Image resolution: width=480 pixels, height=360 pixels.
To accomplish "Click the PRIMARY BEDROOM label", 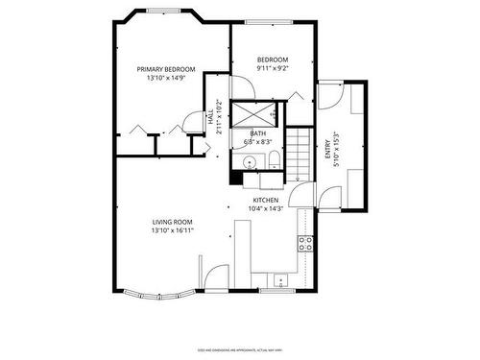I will coord(165,69).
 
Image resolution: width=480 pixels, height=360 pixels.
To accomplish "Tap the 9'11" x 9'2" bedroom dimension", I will coord(273,69).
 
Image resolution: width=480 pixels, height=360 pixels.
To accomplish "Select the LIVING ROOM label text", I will coord(171,222).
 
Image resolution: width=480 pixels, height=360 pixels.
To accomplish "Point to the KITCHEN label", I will coord(266,200).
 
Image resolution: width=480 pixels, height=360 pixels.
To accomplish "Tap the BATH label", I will coord(258,133).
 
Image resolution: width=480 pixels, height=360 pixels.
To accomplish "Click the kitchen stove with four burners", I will coord(306,243).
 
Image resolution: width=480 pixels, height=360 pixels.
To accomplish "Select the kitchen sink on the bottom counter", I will coord(279,280).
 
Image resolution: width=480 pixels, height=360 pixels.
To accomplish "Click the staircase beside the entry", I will coord(302,154).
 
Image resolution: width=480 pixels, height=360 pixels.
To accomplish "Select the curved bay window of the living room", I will coord(158,288).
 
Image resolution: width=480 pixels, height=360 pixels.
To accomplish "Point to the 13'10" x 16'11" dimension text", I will coord(171,230).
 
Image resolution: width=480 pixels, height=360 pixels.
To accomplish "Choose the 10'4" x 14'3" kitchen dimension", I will coord(266,208).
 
